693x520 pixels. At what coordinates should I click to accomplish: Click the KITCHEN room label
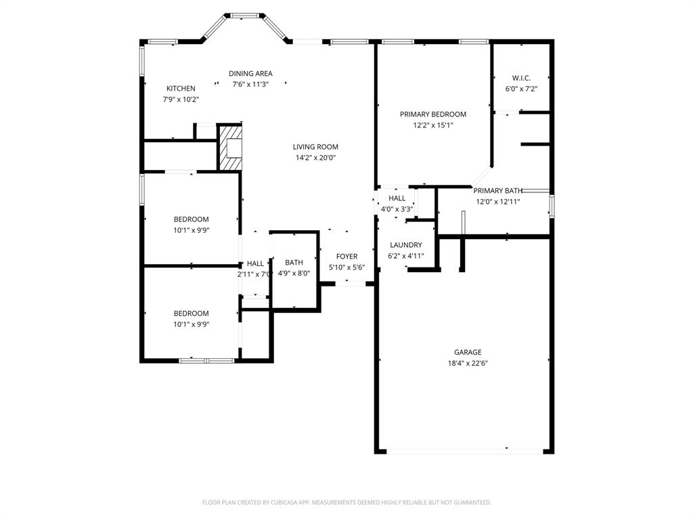[181, 89]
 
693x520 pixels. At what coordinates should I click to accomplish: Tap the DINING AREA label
[250, 74]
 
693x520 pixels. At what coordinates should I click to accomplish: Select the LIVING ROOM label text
[315, 147]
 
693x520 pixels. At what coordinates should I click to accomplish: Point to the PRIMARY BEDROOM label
[433, 114]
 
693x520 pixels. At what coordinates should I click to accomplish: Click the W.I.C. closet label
[521, 78]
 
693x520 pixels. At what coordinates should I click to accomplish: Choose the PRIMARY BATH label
[497, 191]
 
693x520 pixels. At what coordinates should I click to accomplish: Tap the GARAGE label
[468, 352]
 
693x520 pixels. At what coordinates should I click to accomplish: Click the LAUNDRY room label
[405, 245]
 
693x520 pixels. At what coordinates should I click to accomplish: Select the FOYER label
[346, 257]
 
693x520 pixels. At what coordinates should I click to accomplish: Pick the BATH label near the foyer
[294, 263]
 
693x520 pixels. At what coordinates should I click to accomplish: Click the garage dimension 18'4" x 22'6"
[468, 363]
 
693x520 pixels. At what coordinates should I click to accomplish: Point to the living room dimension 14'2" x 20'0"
[315, 158]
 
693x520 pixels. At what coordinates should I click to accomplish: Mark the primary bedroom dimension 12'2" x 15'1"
[433, 125]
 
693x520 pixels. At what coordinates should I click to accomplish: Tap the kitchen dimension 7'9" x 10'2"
[181, 100]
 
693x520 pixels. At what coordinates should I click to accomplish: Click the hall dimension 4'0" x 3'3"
[397, 209]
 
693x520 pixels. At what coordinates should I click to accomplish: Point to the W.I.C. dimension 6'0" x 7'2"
[521, 89]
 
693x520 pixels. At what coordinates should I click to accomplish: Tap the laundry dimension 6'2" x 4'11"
[405, 256]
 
